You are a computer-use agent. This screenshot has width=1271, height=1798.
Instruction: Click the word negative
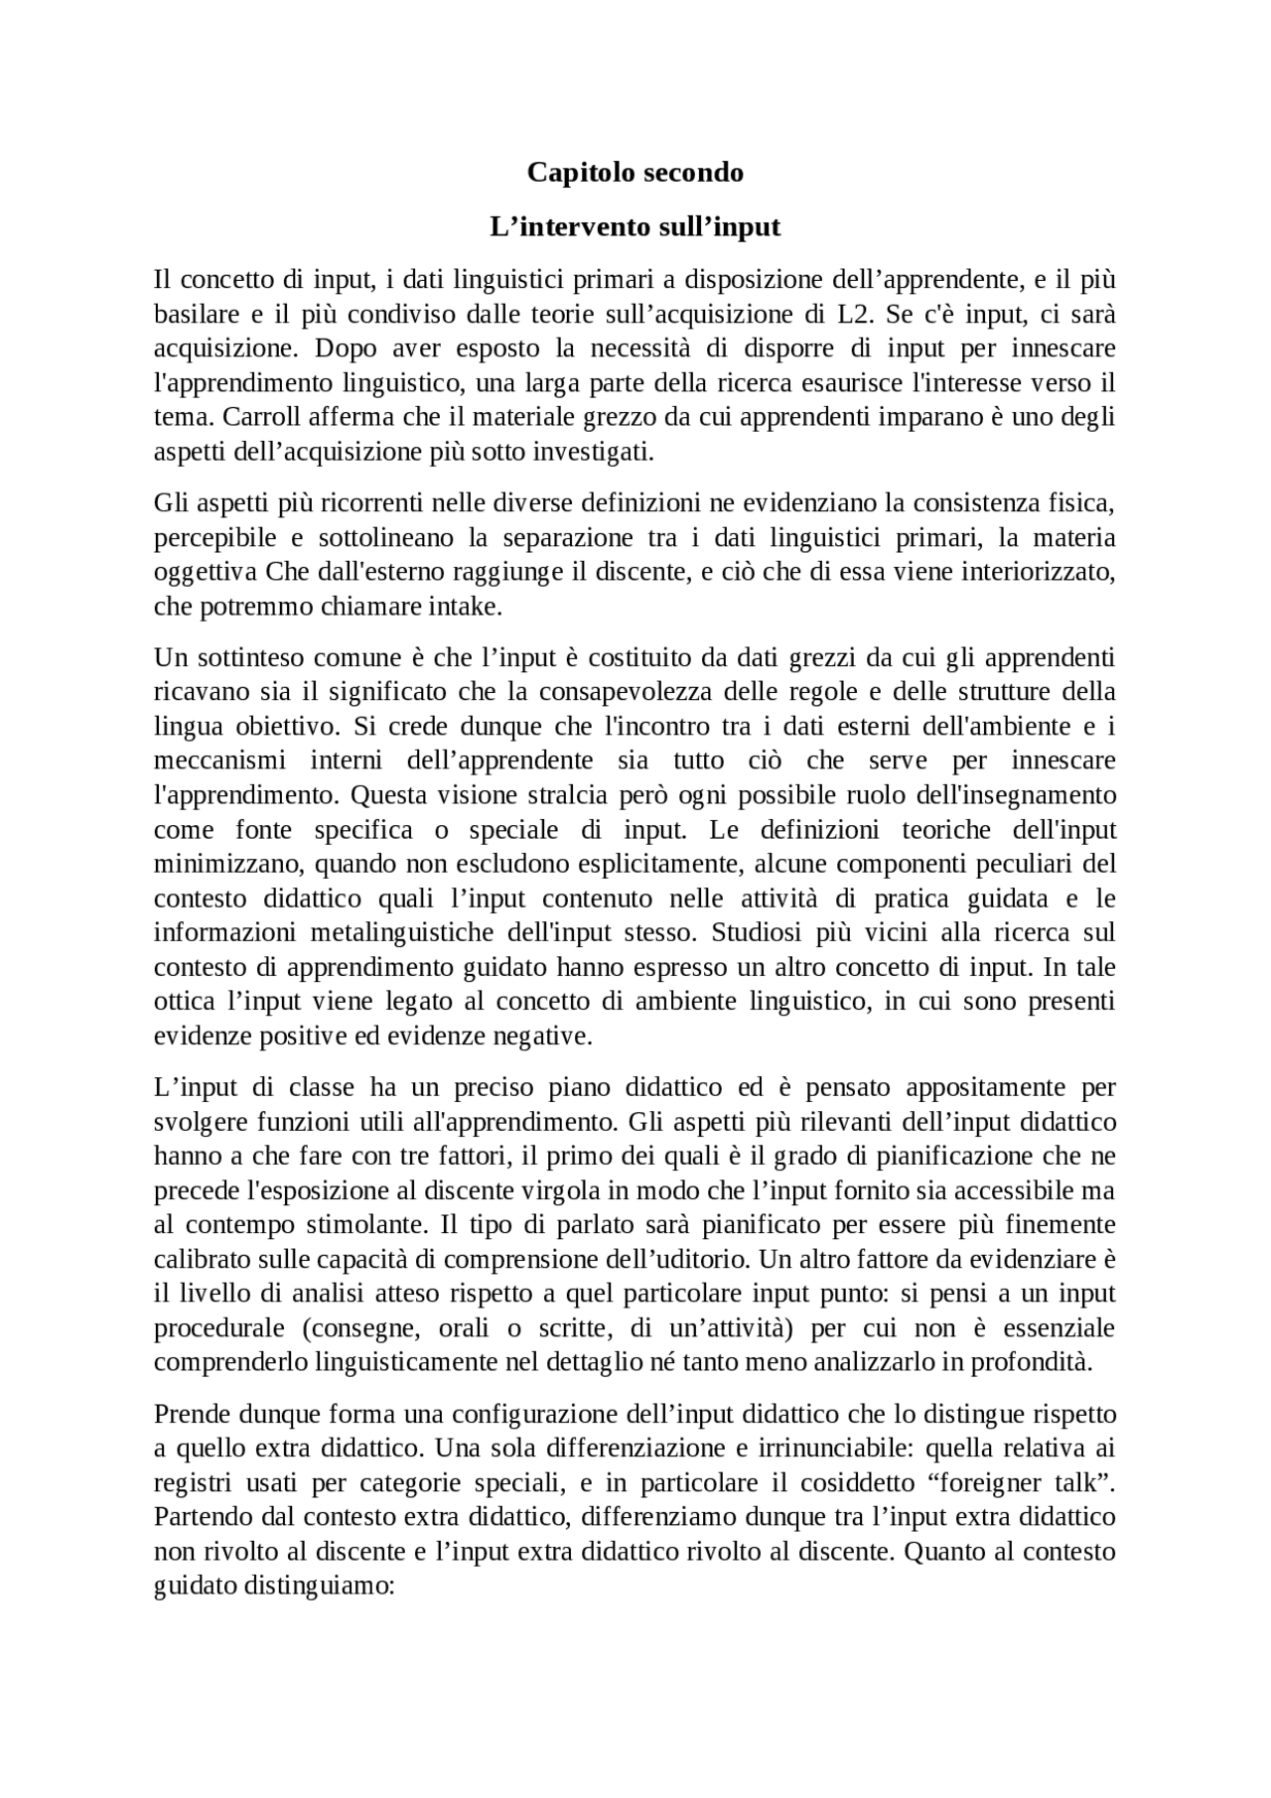(543, 1037)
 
